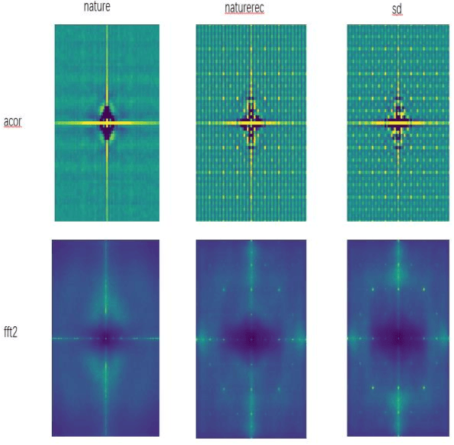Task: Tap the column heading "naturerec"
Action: tap(249, 8)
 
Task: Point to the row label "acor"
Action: tap(13, 121)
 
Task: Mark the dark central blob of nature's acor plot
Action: tap(107, 122)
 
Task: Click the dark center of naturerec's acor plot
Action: tap(249, 122)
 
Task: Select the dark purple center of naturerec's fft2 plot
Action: tap(249, 338)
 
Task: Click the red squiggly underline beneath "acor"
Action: tap(13, 126)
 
